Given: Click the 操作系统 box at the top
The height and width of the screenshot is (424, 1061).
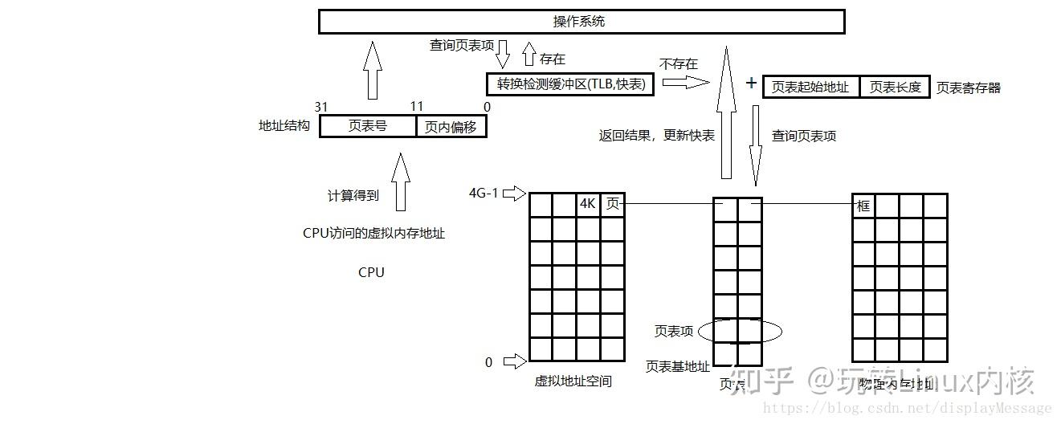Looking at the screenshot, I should [x=581, y=22].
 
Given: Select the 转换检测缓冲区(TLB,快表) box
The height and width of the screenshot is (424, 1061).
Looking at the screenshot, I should [x=570, y=84].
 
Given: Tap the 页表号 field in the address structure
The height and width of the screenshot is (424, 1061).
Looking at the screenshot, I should [x=368, y=126].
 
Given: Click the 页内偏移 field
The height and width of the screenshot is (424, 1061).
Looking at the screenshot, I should [x=451, y=126].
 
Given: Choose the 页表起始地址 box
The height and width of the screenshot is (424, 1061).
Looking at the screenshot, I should [x=810, y=87].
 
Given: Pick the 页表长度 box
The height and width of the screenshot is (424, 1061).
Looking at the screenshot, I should [x=895, y=87].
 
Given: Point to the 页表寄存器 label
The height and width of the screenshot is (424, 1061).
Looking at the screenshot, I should [x=969, y=88].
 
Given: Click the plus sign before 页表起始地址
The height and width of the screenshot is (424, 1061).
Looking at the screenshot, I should [x=751, y=83].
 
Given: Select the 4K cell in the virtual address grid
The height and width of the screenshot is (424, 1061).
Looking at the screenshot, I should [x=588, y=205].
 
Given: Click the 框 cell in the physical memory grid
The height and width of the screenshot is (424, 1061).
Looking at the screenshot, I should [x=863, y=206].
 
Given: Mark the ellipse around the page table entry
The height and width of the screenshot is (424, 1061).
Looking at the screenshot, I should [x=739, y=330].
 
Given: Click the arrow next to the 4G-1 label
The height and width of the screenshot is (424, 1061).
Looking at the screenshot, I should [x=515, y=194].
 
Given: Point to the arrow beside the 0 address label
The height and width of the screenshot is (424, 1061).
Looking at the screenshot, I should [x=515, y=362].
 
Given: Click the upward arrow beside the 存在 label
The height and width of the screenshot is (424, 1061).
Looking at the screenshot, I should [x=528, y=55].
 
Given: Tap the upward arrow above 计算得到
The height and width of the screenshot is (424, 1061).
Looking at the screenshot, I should [x=399, y=181].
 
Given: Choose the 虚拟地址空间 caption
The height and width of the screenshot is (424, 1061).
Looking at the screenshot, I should [x=573, y=381].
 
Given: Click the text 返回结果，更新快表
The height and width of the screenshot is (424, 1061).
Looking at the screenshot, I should [x=656, y=136].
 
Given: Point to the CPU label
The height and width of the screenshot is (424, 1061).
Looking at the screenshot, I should [x=371, y=272].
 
